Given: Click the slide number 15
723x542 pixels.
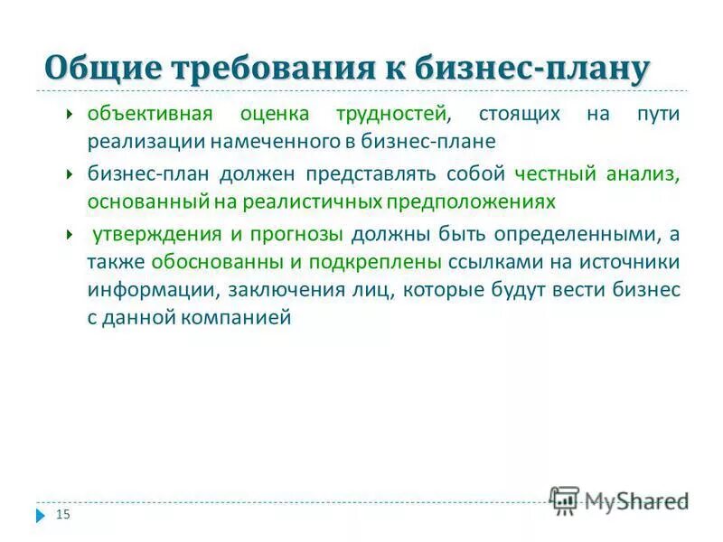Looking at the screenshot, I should (63, 515).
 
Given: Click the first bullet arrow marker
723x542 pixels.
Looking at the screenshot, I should (70, 115).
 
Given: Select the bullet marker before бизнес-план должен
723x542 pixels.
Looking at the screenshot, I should (70, 173).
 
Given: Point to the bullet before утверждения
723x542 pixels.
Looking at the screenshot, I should (70, 232).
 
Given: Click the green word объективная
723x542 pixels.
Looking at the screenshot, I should (149, 115).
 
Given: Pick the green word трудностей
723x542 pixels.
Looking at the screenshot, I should (391, 115).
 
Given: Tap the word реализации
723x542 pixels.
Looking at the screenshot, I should (146, 142).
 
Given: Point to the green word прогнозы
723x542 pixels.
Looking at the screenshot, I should (297, 232).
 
